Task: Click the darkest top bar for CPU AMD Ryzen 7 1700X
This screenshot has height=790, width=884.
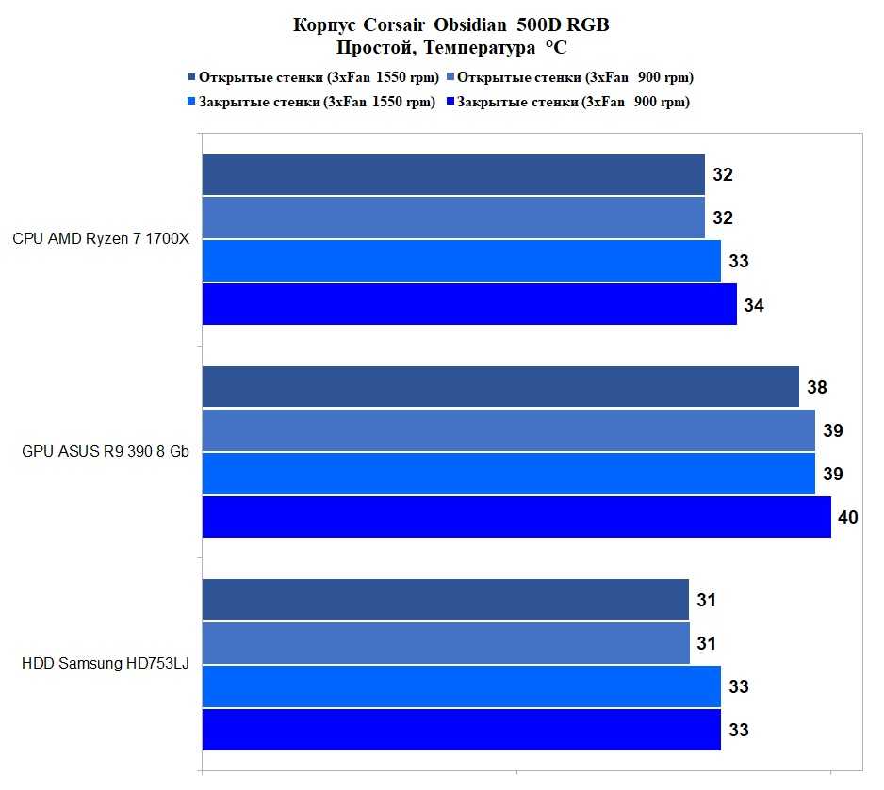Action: (453, 175)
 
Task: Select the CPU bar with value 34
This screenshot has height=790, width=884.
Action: (469, 304)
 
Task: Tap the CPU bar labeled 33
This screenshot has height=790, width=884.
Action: (461, 261)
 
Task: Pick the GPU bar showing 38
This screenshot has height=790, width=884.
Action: (500, 387)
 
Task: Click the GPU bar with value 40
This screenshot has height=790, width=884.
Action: (516, 517)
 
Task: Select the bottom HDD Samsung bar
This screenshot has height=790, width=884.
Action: (461, 730)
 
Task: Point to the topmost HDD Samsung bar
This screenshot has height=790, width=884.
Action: (445, 600)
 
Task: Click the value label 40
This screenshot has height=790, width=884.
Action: (847, 517)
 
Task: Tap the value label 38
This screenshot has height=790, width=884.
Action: (816, 387)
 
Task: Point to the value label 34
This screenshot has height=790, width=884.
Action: (753, 305)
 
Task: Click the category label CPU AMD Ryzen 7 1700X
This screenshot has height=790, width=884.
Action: (101, 239)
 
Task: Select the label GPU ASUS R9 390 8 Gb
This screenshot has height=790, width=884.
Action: (106, 452)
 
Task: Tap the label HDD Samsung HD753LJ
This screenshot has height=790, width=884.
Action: (106, 664)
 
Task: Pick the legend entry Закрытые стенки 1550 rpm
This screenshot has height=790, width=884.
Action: (317, 102)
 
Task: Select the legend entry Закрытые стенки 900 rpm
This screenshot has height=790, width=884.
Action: (573, 102)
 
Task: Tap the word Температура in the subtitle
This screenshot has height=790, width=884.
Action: (482, 47)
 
